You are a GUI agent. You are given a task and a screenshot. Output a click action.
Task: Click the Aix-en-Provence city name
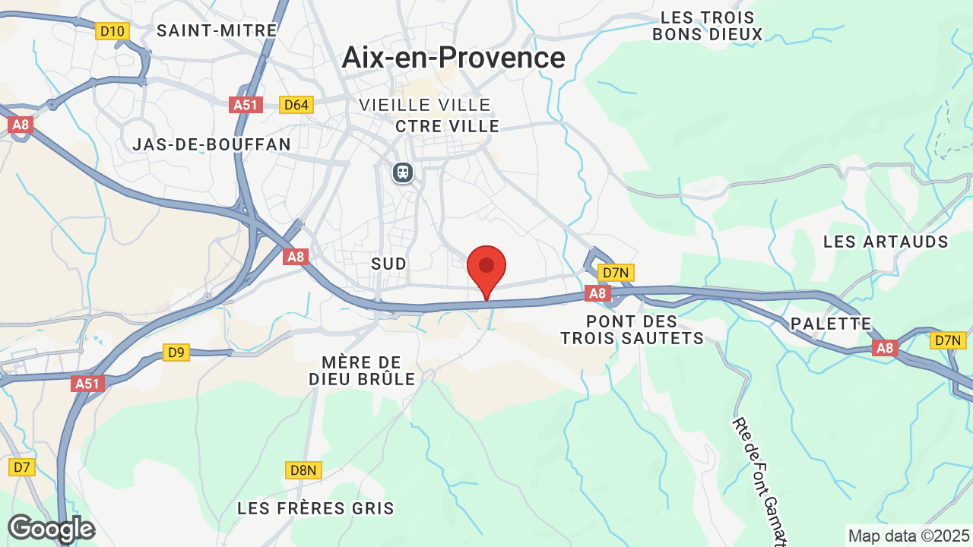(x=453, y=58)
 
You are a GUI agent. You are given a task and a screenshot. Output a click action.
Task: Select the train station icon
(x=403, y=172)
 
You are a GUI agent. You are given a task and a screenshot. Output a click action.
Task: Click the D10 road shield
(x=113, y=31)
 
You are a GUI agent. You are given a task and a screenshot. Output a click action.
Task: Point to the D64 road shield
(x=295, y=105)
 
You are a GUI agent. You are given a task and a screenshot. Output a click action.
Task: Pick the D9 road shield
(x=176, y=353)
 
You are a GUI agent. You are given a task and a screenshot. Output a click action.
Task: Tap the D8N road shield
(x=303, y=470)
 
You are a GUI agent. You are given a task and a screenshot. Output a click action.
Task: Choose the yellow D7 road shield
(x=22, y=466)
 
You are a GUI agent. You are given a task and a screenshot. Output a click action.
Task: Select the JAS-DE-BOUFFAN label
(x=211, y=144)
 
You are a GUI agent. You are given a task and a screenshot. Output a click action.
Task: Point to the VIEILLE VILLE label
(x=425, y=105)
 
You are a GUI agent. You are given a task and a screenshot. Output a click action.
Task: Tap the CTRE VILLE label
(x=448, y=126)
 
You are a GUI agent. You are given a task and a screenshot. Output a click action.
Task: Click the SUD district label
(x=388, y=264)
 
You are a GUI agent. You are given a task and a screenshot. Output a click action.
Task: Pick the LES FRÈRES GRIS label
(x=315, y=508)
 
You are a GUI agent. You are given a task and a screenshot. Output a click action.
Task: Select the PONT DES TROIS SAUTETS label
(x=632, y=330)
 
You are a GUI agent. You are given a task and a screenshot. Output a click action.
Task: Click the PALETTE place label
(x=831, y=324)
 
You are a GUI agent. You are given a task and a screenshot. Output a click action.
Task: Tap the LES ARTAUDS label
(x=886, y=242)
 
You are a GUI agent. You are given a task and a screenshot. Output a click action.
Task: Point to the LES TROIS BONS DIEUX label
(x=707, y=26)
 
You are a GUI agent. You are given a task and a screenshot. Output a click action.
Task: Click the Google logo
(x=51, y=529)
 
